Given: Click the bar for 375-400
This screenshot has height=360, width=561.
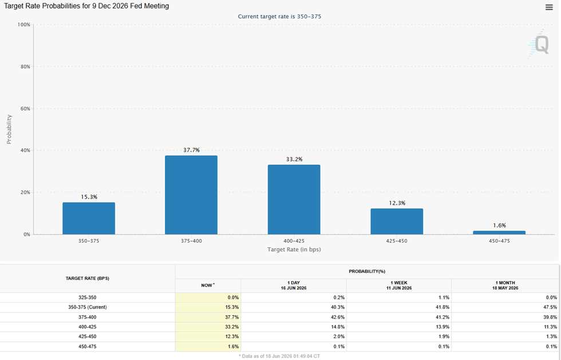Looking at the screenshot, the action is [191, 195].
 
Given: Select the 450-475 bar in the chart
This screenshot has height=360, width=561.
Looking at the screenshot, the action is [499, 232].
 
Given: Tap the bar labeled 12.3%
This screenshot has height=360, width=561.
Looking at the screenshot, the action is [397, 221].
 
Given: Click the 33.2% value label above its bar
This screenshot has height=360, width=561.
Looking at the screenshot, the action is [294, 159].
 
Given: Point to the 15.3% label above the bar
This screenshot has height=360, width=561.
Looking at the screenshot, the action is [89, 197].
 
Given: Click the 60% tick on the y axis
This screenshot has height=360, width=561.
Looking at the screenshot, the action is [25, 108].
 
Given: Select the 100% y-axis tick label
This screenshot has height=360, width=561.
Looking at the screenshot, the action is [24, 25].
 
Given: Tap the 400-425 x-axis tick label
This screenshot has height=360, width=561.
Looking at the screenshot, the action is [294, 241].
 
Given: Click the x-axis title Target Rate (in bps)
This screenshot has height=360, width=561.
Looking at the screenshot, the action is [294, 250].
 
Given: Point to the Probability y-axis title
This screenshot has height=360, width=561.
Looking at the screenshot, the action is [9, 129].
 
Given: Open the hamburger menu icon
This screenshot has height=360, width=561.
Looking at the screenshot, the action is [549, 7].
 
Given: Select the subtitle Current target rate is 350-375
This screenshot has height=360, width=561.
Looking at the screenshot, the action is [279, 17].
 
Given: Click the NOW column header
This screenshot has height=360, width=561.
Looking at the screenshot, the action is [208, 285].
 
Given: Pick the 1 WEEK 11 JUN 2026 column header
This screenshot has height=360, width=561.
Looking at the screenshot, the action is [399, 285].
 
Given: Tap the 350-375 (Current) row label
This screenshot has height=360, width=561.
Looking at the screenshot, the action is [87, 307].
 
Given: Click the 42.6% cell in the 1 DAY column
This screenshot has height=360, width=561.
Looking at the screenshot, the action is [338, 317].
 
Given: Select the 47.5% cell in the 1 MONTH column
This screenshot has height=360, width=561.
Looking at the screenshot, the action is [550, 307].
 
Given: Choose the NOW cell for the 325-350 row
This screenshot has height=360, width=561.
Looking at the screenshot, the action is [208, 298].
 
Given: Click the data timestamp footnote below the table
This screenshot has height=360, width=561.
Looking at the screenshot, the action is [279, 356].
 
